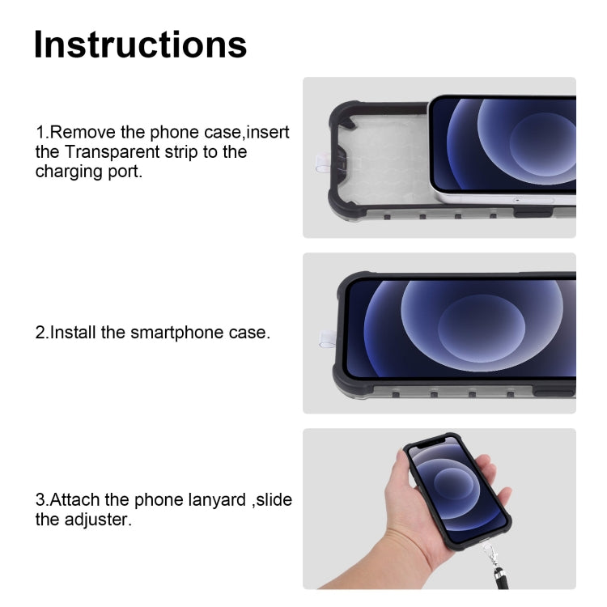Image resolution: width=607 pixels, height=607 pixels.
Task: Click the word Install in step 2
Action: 74,333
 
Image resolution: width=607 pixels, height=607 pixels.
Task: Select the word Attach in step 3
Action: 74,499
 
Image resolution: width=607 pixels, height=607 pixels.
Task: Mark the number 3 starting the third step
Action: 40,499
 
